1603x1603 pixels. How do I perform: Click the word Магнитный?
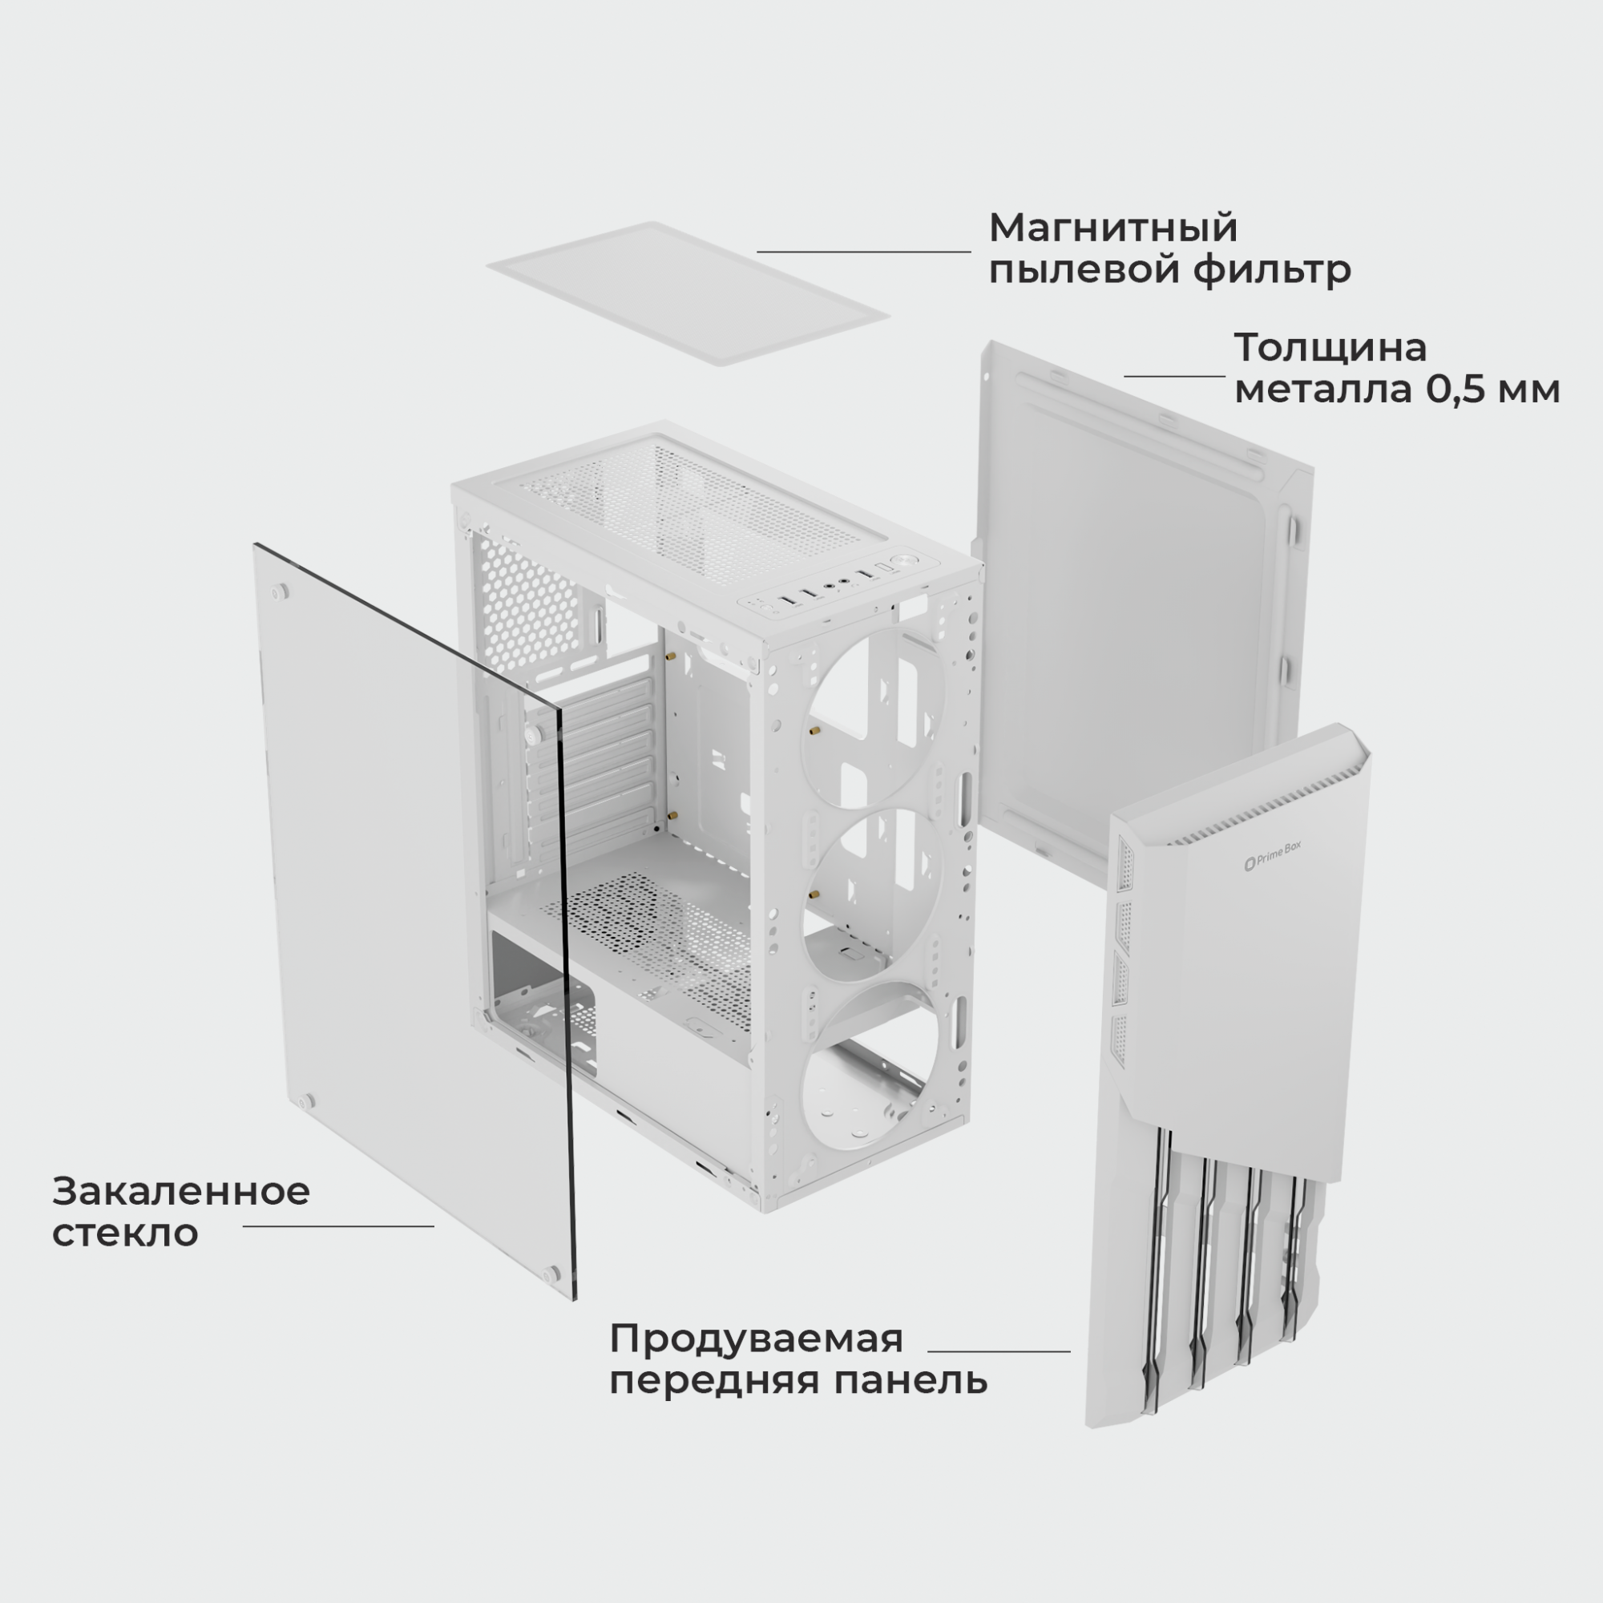[x=1112, y=228]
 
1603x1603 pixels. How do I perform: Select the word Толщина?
[x=1330, y=348]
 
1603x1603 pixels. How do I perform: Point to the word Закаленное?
[x=181, y=1192]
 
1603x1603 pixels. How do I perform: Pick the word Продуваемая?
[x=756, y=1339]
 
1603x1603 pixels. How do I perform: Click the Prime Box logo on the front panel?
[x=1273, y=857]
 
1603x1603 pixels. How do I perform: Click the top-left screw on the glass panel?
[x=280, y=592]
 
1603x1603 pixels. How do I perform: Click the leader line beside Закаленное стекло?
[x=338, y=1225]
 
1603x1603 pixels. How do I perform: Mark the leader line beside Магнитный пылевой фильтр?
[x=864, y=252]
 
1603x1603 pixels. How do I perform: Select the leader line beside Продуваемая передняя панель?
[x=999, y=1351]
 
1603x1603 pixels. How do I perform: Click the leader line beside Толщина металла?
[x=1175, y=376]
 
